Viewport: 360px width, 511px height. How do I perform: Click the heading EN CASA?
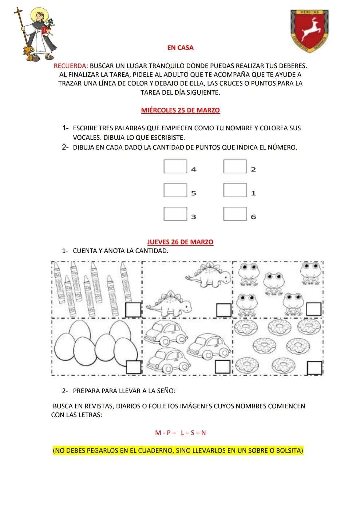pyautogui.click(x=180, y=47)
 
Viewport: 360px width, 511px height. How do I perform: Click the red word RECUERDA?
pyautogui.click(x=70, y=66)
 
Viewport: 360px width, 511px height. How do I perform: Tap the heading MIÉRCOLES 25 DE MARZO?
pyautogui.click(x=180, y=110)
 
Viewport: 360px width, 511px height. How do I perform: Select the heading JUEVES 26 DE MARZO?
pyautogui.click(x=180, y=242)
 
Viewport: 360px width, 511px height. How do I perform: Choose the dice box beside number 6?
pyautogui.click(x=235, y=214)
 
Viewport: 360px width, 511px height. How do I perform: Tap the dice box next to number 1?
pyautogui.click(x=235, y=190)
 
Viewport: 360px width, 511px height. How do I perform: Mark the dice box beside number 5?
pyautogui.click(x=175, y=190)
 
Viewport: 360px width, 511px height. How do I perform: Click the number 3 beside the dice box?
pyautogui.click(x=194, y=217)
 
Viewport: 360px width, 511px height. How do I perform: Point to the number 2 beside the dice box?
pyautogui.click(x=253, y=169)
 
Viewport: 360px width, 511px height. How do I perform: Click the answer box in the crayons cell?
pyautogui.click(x=133, y=309)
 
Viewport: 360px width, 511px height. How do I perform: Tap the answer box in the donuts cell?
pyautogui.click(x=314, y=368)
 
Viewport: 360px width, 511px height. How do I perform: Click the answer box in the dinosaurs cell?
pyautogui.click(x=223, y=310)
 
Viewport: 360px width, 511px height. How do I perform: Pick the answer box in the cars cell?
pyautogui.click(x=223, y=367)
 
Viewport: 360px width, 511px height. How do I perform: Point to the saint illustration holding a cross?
pyautogui.click(x=37, y=33)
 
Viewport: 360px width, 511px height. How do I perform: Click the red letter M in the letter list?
pyautogui.click(x=158, y=433)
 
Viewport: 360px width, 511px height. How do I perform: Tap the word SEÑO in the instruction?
pyautogui.click(x=166, y=391)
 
